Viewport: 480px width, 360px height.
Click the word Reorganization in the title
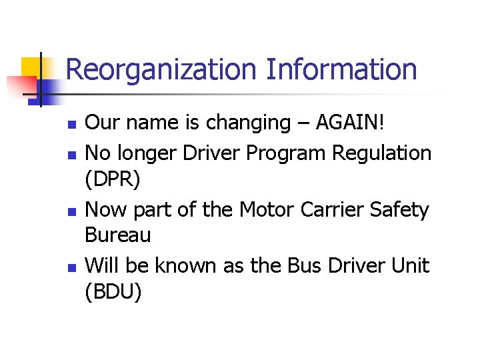click(161, 70)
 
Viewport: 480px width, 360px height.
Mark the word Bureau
click(119, 235)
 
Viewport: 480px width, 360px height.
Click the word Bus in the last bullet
click(305, 265)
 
